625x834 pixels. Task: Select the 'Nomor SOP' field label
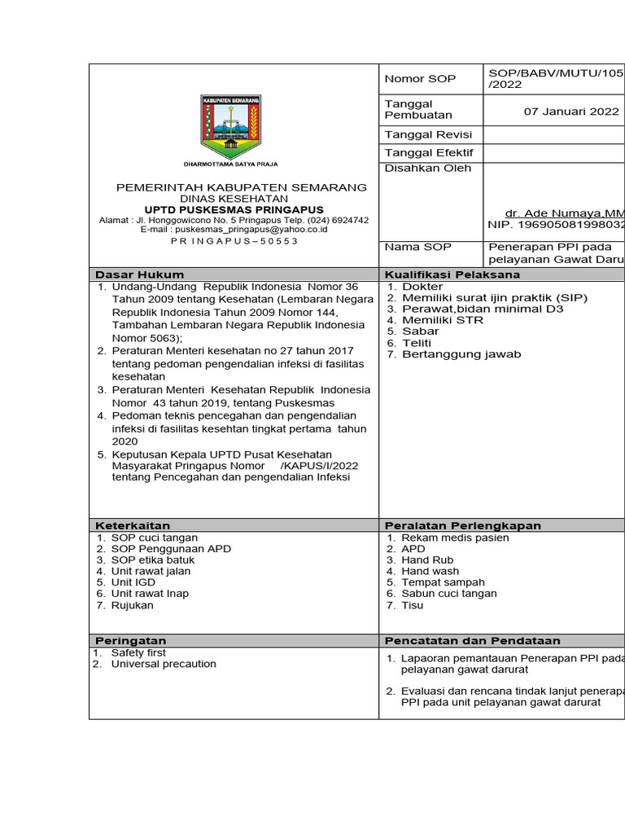click(x=420, y=79)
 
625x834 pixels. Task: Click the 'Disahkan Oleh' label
click(x=422, y=169)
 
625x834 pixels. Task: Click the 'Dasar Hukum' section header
click(x=140, y=274)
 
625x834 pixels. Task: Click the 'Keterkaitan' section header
click(x=133, y=525)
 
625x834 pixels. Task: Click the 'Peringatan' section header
click(x=131, y=641)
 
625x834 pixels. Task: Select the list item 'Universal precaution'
click(x=164, y=664)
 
